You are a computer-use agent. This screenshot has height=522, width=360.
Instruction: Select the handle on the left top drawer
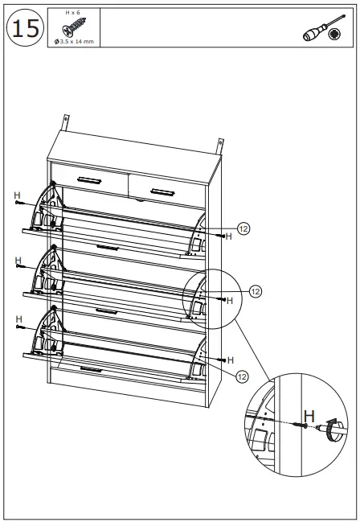pos(88,179)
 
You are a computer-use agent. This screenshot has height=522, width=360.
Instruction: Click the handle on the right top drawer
pos(162,191)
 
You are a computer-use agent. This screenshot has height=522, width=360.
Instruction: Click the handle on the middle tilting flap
pos(107,309)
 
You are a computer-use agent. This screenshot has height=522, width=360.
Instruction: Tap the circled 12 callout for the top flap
pos(243,228)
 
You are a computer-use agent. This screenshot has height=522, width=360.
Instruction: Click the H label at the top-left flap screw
pos(17,195)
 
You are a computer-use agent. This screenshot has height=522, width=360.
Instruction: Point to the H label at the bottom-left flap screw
pos(17,319)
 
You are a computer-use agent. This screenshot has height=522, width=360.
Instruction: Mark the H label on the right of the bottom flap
pos(231,360)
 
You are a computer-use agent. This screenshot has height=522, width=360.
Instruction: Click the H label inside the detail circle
pos(230,301)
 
